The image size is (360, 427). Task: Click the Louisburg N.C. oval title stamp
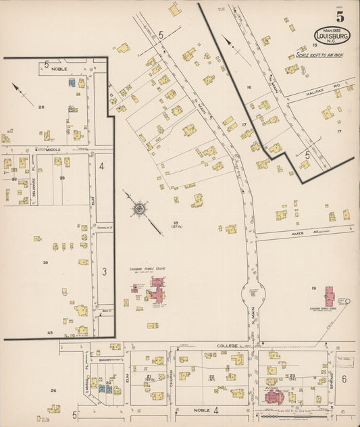(332, 36)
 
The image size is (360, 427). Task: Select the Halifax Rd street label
(317, 86)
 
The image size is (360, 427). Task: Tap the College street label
(224, 345)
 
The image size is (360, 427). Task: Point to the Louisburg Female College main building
(158, 295)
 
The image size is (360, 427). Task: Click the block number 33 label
(61, 178)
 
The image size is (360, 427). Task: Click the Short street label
(104, 361)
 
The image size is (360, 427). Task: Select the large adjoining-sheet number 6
(344, 379)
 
